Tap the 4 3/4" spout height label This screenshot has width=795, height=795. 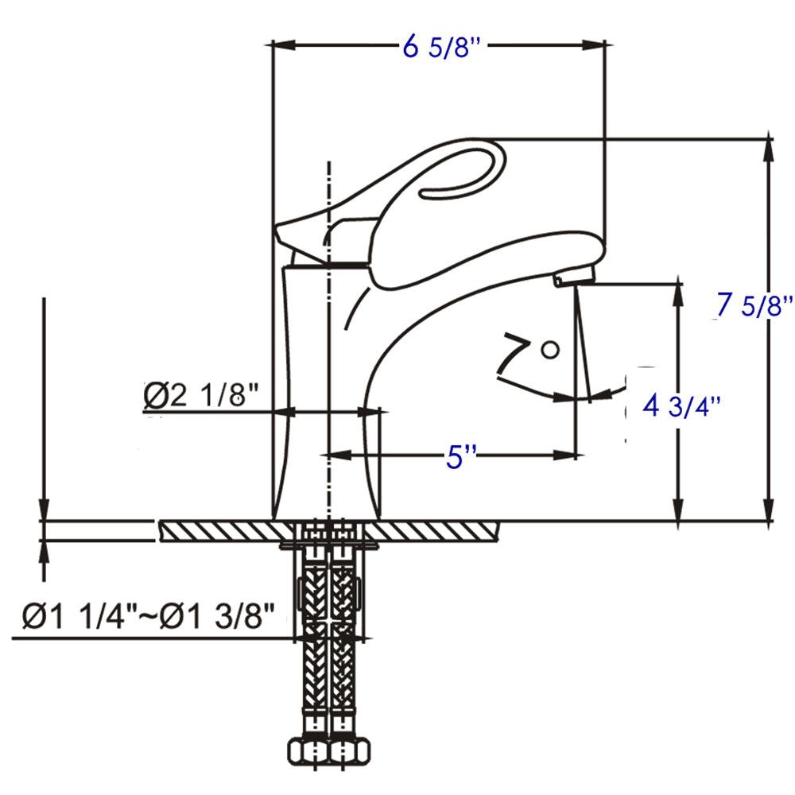[681, 407]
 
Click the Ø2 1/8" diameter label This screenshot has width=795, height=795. [202, 396]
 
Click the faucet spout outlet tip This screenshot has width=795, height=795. [574, 277]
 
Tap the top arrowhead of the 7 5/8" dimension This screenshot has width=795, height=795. [769, 147]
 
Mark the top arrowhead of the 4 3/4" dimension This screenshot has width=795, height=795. [678, 288]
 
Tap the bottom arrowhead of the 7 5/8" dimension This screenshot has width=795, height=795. [769, 512]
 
